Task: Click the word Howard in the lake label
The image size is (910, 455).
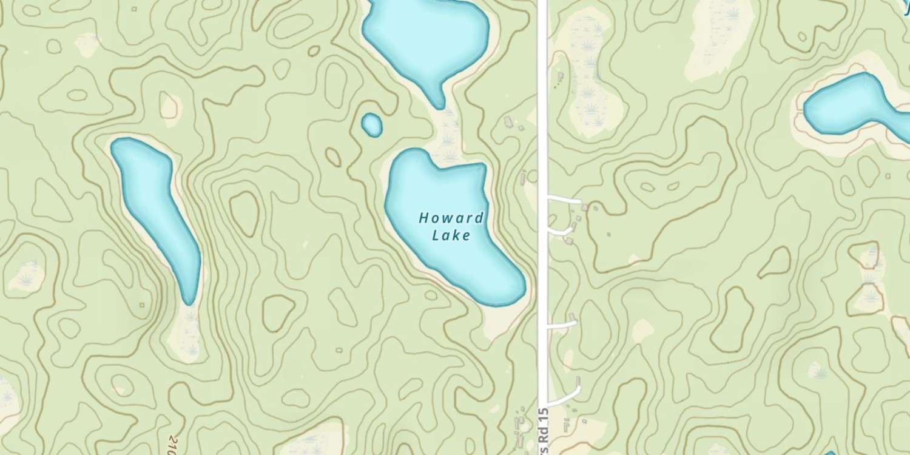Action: click(x=451, y=218)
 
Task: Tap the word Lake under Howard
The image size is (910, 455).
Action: click(x=451, y=235)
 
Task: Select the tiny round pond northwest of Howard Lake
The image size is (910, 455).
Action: click(x=372, y=124)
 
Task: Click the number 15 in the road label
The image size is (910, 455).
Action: click(x=544, y=419)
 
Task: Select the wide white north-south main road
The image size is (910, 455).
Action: click(x=542, y=121)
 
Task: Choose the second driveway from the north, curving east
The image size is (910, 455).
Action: click(x=561, y=231)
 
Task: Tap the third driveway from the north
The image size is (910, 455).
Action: click(x=561, y=325)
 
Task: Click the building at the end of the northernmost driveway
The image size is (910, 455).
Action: click(x=585, y=207)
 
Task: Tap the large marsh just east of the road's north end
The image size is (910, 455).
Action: click(x=588, y=73)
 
